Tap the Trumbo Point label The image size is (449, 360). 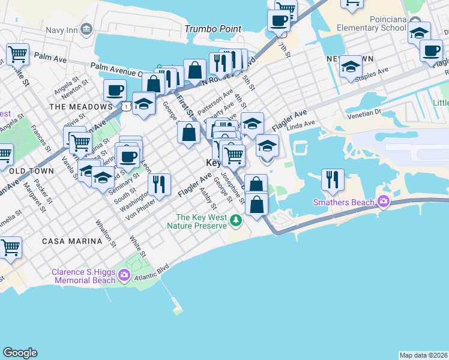pyautogui.click(x=213, y=29)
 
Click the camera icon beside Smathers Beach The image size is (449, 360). pyautogui.click(x=382, y=202)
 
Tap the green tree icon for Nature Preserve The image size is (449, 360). pyautogui.click(x=237, y=221)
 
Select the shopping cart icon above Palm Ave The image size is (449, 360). pyautogui.click(x=18, y=55)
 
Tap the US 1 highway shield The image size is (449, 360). pyautogui.click(x=126, y=106)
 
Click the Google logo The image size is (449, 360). pyautogui.click(x=20, y=353)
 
